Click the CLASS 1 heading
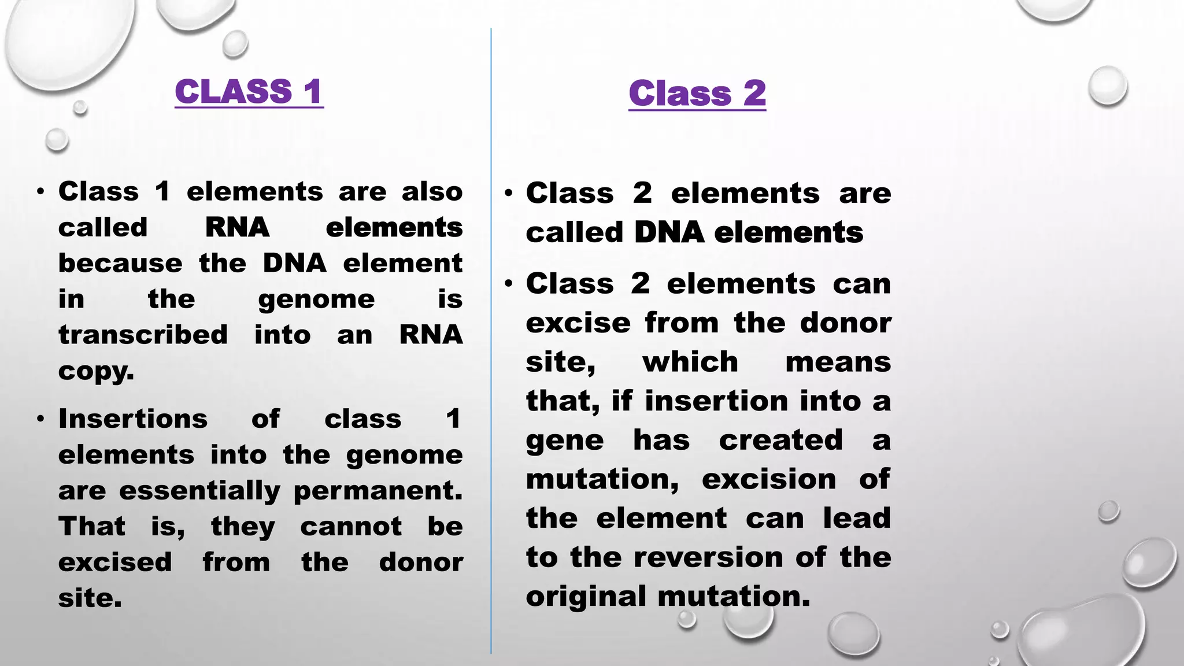249,92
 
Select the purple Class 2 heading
697,94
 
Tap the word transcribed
143,335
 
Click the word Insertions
133,419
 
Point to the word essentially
199,491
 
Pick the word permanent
378,491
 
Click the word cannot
350,527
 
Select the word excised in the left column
115,563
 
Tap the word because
120,264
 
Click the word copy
96,371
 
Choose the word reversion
709,557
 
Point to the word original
586,596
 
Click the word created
780,440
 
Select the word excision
769,479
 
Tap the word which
690,362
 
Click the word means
838,362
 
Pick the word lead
857,518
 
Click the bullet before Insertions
40,419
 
